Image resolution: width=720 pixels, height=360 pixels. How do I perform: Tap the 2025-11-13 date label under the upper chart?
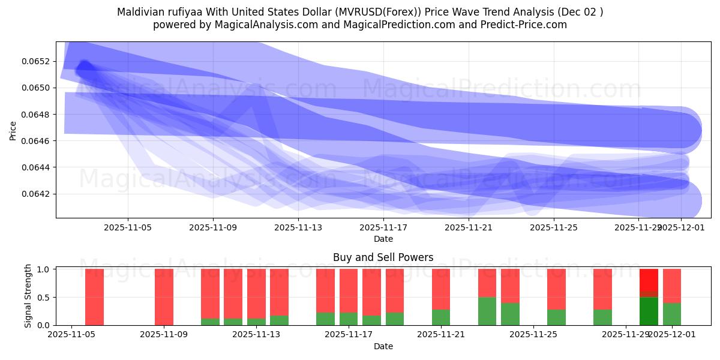298,228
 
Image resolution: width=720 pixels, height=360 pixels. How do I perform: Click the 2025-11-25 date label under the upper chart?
554,228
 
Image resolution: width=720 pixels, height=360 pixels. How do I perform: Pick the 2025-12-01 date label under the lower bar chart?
672,335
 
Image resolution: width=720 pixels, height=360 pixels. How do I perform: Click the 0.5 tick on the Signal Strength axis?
44,297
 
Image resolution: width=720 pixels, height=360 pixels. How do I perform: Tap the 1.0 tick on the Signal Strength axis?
44,269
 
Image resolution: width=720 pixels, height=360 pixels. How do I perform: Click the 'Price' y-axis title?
13,130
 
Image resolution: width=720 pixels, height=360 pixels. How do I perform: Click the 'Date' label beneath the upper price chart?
383,239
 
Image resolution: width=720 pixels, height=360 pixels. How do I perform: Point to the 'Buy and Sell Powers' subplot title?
383,257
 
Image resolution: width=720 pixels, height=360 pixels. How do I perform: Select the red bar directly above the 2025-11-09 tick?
164,297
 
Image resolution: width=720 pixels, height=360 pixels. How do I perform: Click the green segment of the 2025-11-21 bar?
441,317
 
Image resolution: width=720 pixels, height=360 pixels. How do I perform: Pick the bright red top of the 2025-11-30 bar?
649,280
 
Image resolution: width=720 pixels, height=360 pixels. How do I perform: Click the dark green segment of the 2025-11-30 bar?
649,311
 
